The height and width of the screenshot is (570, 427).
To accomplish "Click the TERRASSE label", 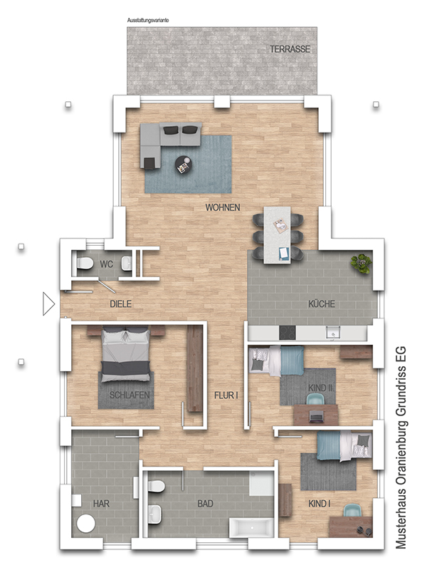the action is pyautogui.click(x=290, y=49).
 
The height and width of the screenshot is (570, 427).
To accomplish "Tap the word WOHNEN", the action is pyautogui.click(x=223, y=207).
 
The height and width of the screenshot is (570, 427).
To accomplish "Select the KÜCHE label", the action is pyautogui.click(x=322, y=304).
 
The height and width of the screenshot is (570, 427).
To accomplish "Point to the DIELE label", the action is pyautogui.click(x=120, y=304).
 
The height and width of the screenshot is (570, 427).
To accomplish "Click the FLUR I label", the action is pyautogui.click(x=226, y=395).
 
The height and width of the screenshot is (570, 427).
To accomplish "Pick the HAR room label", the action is pyautogui.click(x=101, y=504).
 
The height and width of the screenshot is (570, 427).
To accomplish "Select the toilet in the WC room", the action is pyautogui.click(x=85, y=263).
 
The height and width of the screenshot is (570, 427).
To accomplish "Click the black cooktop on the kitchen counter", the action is pyautogui.click(x=287, y=333).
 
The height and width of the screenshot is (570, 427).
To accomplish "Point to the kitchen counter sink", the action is pyautogui.click(x=332, y=333).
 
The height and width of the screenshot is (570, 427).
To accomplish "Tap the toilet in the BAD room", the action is pyautogui.click(x=157, y=486).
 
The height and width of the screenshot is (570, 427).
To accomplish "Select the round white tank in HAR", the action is pyautogui.click(x=86, y=524).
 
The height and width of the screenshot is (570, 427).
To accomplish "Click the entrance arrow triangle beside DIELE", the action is pyautogui.click(x=48, y=304).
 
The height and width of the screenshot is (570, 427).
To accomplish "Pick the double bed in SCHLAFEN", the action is pyautogui.click(x=125, y=353).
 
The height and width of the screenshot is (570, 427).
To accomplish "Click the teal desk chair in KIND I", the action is pyautogui.click(x=352, y=511).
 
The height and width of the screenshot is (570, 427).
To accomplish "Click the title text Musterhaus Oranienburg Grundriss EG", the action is pyautogui.click(x=401, y=448).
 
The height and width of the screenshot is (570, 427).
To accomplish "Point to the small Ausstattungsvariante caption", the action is pyautogui.click(x=148, y=21).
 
